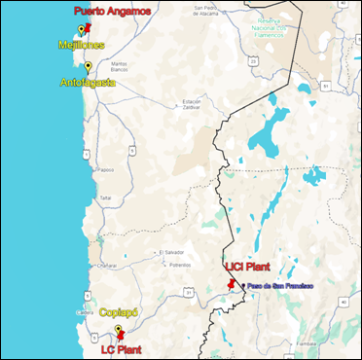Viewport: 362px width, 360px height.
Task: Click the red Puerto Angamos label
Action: coord(113,12)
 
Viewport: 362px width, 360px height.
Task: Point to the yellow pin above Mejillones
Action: coord(82,31)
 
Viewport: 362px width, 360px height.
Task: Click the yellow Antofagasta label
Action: coord(87,84)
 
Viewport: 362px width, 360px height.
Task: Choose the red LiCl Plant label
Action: coord(246,266)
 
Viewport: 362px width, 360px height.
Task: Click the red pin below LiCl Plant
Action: coord(230,284)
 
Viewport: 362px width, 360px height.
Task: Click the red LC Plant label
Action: coord(122,347)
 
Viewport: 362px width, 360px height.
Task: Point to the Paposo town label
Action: coord(106,168)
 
